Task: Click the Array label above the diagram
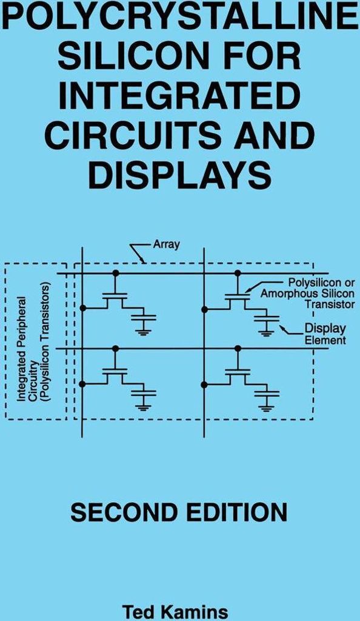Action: coord(166,244)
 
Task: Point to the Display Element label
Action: coord(325,334)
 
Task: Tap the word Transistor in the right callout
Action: coord(329,304)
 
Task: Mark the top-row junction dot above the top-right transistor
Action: coord(238,273)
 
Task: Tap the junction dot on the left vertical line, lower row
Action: coord(82,384)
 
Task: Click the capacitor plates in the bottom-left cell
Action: coord(144,393)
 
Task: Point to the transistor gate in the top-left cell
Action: coord(115,294)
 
